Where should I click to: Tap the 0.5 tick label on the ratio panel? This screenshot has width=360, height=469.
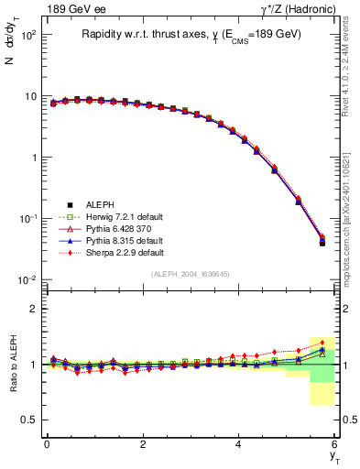[28, 420]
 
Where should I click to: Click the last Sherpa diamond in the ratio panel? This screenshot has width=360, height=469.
[322, 343]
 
